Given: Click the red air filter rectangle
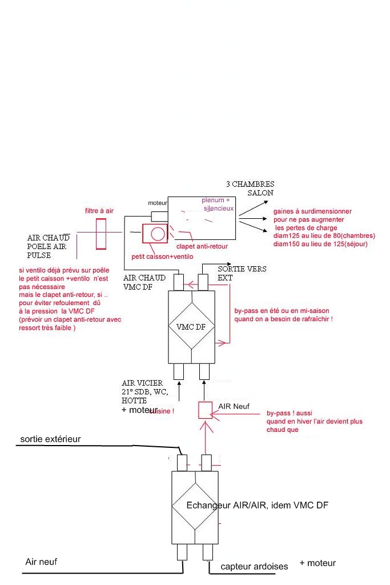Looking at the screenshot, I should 102,233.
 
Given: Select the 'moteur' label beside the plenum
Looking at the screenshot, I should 157,203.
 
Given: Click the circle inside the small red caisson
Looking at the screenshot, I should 156,233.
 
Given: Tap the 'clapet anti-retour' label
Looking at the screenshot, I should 203,246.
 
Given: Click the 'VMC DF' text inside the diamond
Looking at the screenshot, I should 191,327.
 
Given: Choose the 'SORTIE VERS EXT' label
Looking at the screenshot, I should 242,273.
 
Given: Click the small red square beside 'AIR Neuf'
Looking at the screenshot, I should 205,410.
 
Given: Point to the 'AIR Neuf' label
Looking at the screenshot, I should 234,406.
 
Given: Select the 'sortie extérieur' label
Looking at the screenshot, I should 50,439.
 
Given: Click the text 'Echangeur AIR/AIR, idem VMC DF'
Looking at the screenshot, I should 258,506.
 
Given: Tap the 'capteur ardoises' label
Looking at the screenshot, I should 255,566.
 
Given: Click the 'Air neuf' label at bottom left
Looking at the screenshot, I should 41,562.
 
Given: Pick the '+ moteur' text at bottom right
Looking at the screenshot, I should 317,563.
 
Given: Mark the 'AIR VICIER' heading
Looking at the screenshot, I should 142,383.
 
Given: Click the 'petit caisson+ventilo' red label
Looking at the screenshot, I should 163,257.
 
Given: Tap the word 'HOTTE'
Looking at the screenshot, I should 134,402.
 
